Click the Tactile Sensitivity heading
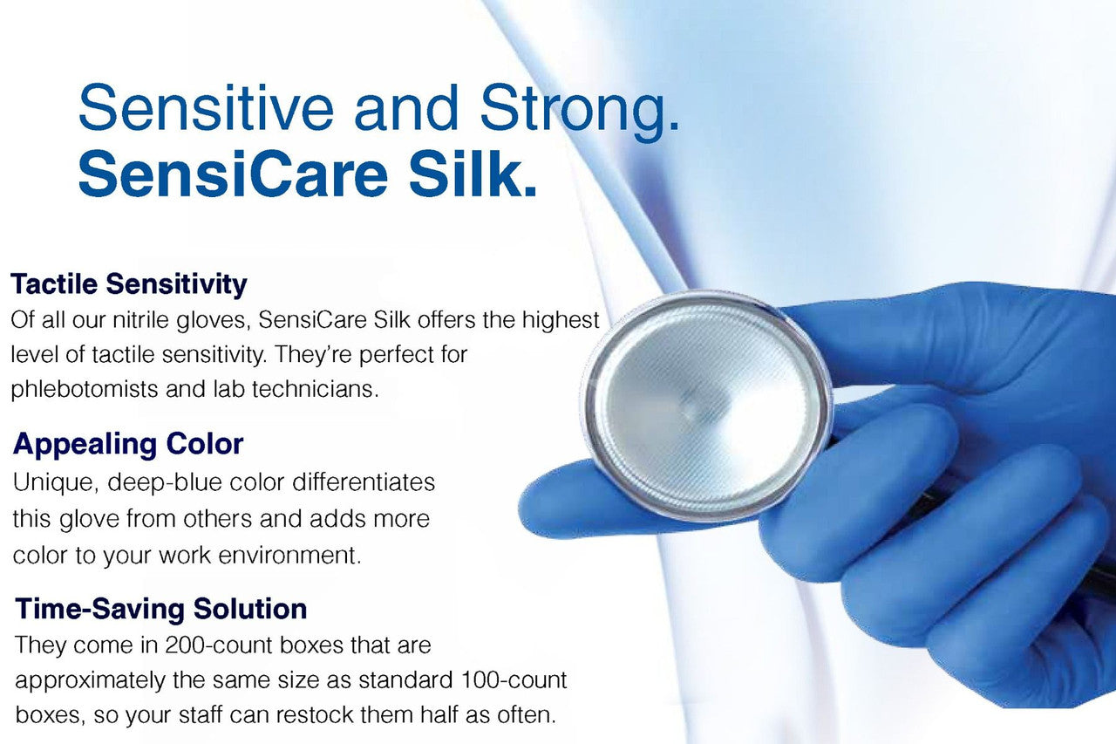(x=128, y=283)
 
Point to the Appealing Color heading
(x=128, y=444)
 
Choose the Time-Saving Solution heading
(x=160, y=608)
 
